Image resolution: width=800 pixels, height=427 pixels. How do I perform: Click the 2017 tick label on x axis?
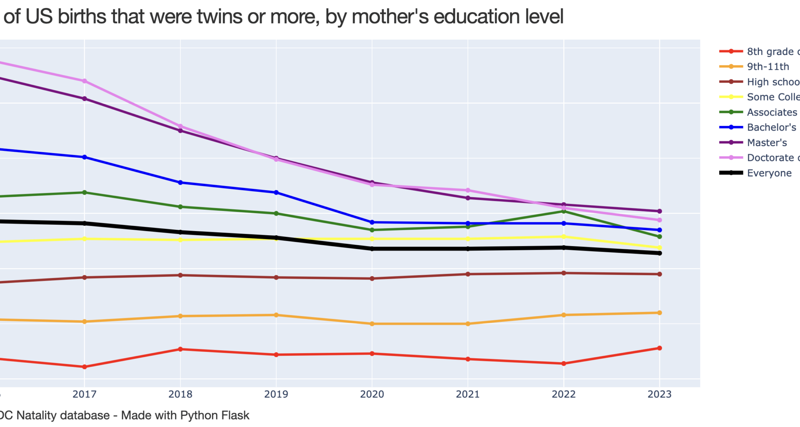[x=85, y=394]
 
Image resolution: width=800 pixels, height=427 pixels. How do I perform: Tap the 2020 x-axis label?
[x=372, y=394]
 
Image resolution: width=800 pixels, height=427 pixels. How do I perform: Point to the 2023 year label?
[x=659, y=394]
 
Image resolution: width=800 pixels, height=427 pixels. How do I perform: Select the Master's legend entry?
[x=767, y=143]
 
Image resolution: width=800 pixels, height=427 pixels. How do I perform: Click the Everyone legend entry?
[x=769, y=173]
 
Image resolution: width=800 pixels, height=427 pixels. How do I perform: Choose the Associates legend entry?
[x=772, y=112]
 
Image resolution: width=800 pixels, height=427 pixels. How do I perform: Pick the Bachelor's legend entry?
[x=771, y=127]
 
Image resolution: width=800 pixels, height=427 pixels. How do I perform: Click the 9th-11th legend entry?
[x=767, y=67]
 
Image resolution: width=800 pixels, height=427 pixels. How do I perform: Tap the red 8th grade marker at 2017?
[x=85, y=367]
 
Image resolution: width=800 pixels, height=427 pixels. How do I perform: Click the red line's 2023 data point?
[x=660, y=348]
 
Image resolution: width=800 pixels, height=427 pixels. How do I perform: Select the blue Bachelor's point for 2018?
[x=180, y=183]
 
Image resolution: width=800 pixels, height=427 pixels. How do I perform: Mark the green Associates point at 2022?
[x=564, y=211]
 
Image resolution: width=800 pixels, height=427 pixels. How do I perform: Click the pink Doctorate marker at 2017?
[x=85, y=81]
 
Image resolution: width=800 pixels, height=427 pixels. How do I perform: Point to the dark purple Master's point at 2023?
[x=660, y=211]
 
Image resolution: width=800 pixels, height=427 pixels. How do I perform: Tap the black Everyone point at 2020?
[x=372, y=249]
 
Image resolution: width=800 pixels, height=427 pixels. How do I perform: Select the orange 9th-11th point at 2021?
[x=468, y=324]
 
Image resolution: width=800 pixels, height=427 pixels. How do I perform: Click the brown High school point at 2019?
[x=276, y=277]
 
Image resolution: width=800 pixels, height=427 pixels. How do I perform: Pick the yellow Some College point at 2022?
[x=564, y=236]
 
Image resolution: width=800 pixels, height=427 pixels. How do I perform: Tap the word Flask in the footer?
[x=236, y=415]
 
